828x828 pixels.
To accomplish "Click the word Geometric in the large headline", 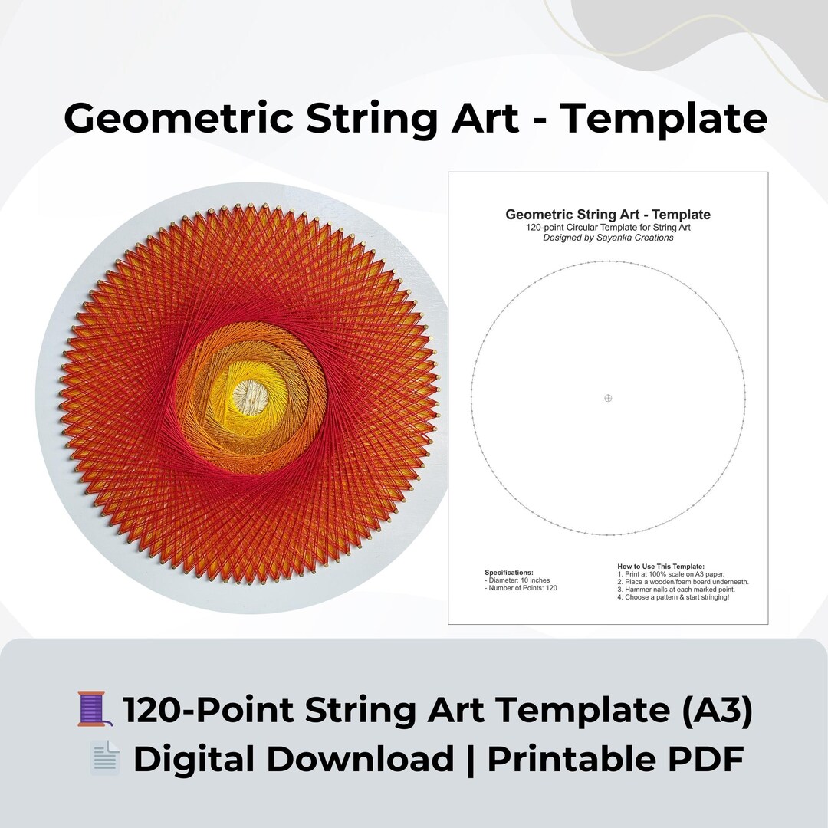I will (x=178, y=119).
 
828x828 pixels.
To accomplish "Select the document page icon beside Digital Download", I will (x=104, y=758).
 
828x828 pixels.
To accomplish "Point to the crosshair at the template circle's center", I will (x=608, y=398).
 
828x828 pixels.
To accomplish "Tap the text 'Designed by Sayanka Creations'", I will (x=608, y=238).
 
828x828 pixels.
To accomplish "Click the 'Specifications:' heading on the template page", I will (x=508, y=573).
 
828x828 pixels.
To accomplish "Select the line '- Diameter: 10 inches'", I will (x=517, y=580).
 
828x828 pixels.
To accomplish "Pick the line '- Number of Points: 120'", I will (x=521, y=588).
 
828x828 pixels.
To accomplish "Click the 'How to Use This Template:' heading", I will (x=660, y=566).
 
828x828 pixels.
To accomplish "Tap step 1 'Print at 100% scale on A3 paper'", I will (x=671, y=573).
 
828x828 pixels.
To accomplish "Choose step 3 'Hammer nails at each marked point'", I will (x=676, y=589).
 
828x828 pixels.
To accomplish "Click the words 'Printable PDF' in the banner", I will (x=615, y=759).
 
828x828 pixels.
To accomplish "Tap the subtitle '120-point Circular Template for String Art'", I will (x=608, y=228).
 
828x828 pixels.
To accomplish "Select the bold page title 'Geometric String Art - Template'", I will (x=608, y=215).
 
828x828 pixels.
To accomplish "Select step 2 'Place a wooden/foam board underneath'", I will (x=683, y=581).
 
